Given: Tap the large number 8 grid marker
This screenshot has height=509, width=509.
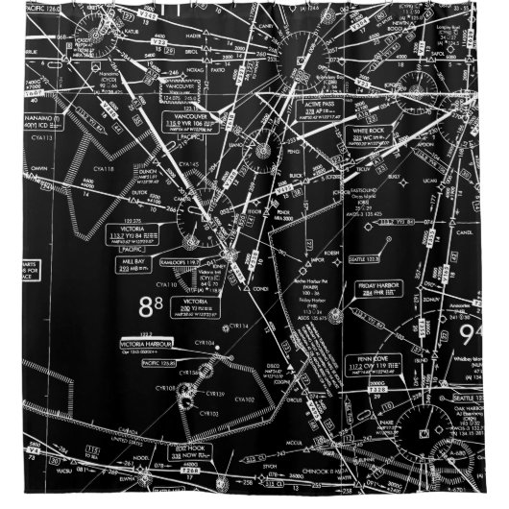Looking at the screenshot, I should pyautogui.click(x=151, y=306).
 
